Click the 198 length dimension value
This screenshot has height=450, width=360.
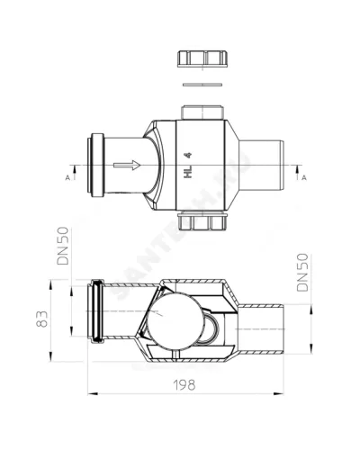point(184,385)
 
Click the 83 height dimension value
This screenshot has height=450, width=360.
point(42,319)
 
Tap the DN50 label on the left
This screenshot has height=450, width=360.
point(63,246)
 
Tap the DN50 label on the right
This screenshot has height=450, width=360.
point(302,273)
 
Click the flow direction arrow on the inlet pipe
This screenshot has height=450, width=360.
point(127,165)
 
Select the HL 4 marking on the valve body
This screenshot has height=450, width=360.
point(188,166)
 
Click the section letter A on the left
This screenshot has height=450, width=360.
point(67,178)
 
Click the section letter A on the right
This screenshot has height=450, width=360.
point(304,178)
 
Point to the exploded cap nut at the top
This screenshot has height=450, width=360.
point(202,58)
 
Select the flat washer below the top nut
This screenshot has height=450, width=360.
point(202,85)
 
